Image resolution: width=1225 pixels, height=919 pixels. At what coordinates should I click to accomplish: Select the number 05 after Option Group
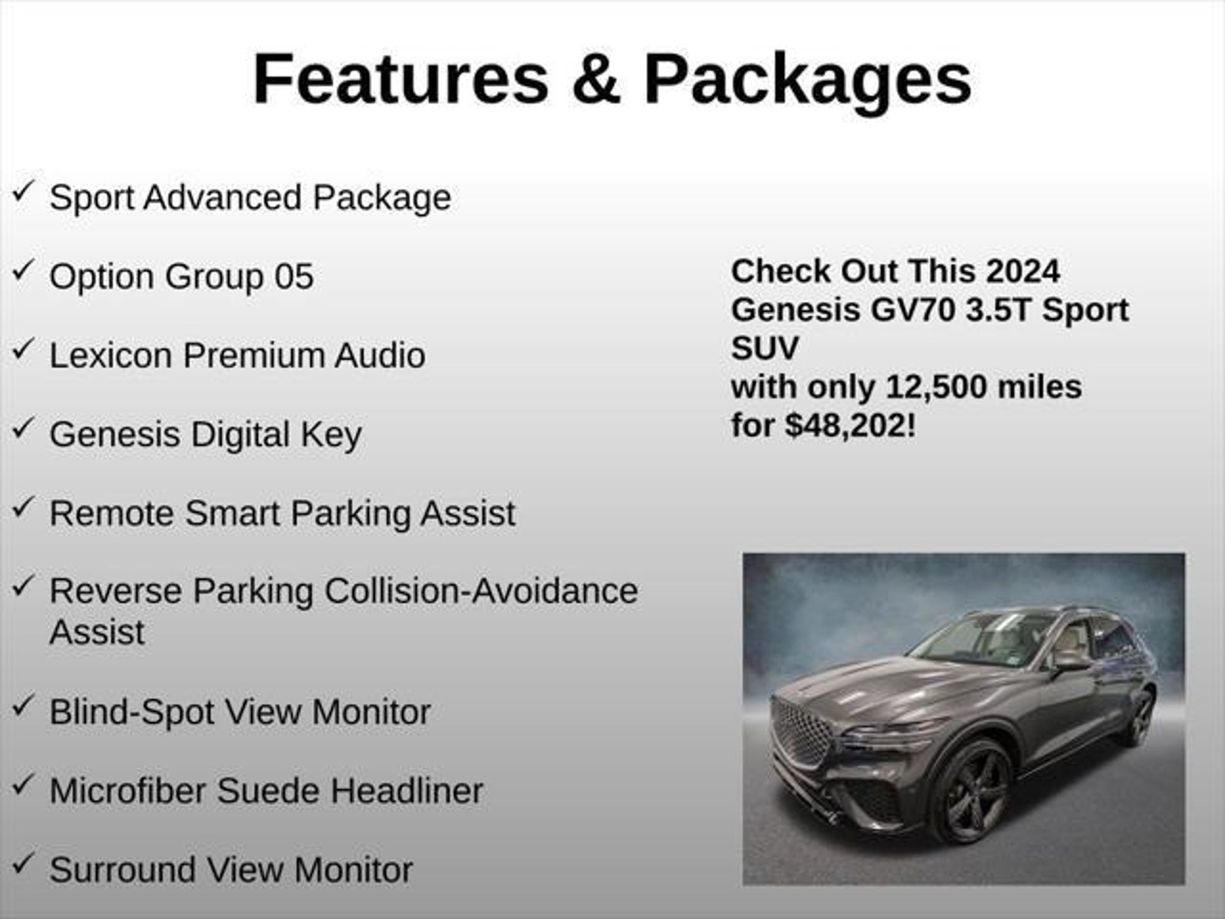coord(294,276)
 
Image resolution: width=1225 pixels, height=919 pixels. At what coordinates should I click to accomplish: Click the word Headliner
coord(407,791)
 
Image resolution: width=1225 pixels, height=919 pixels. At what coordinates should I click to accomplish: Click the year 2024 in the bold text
coord(1023,271)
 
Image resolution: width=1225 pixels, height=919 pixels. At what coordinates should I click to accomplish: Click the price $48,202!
coord(851,426)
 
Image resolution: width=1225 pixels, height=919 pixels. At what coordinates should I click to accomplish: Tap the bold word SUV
coord(764,348)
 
